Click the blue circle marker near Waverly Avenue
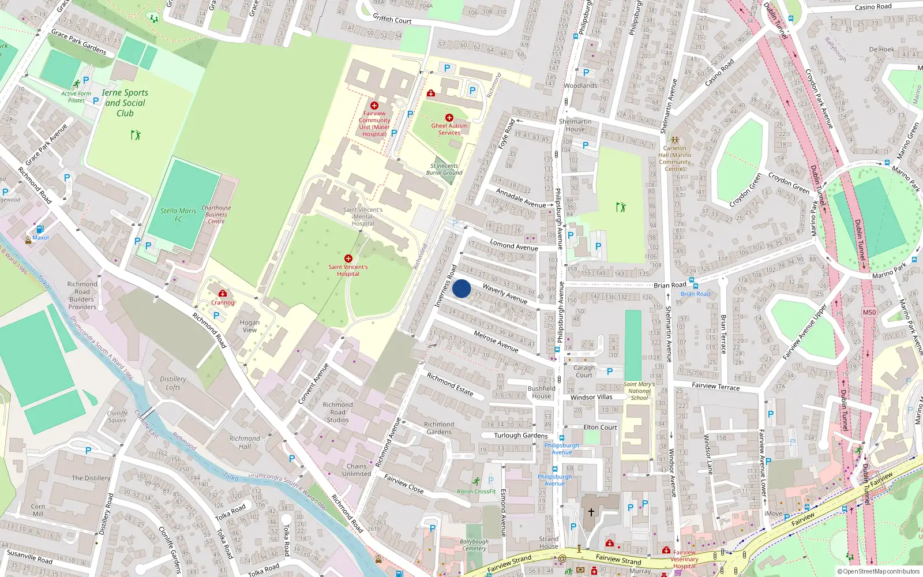click(x=461, y=288)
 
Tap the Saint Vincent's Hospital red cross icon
click(x=348, y=258)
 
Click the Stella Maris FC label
click(x=178, y=215)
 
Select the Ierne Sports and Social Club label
click(x=125, y=103)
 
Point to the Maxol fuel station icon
click(x=40, y=229)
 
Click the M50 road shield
click(x=869, y=312)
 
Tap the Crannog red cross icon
click(x=223, y=293)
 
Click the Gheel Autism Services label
click(x=449, y=129)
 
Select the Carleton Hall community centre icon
click(x=674, y=140)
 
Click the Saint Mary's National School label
click(x=639, y=391)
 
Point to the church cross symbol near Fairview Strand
click(x=591, y=512)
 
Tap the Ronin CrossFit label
click(x=476, y=492)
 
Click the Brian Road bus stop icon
click(x=695, y=286)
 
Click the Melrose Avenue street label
click(x=496, y=341)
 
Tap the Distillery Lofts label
click(x=173, y=383)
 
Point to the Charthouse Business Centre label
click(x=216, y=214)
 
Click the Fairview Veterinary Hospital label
click(x=685, y=559)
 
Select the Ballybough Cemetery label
click(x=474, y=545)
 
